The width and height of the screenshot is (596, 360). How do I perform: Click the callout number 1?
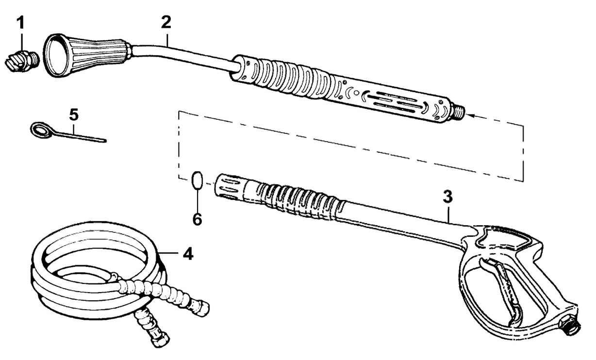[x=21, y=22]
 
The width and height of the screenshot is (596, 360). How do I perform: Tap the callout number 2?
[x=166, y=22]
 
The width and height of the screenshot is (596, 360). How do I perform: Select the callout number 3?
[x=447, y=196]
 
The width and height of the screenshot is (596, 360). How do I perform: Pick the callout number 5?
[x=74, y=115]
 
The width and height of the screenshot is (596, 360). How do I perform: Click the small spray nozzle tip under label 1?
[x=23, y=61]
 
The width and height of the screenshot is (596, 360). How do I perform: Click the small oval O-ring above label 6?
[x=198, y=180]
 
